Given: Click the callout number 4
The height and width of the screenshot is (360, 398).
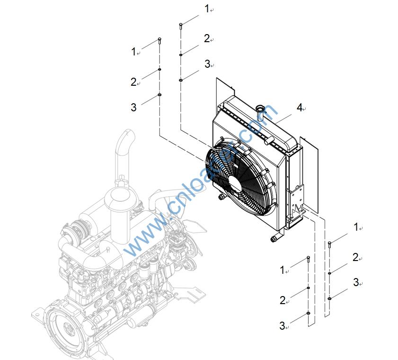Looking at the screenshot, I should [x=299, y=107].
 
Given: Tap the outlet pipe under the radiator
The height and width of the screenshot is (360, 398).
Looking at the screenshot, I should [x=274, y=238].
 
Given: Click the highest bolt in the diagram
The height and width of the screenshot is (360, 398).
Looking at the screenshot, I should [x=181, y=26].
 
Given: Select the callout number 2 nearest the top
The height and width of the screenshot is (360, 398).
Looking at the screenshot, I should [x=206, y=38].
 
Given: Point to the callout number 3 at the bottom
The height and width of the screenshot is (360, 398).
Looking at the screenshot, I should [x=282, y=325].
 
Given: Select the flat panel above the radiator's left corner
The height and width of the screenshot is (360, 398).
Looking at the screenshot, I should [x=224, y=90].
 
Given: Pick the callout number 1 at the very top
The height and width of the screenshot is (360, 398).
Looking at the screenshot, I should [x=206, y=9].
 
